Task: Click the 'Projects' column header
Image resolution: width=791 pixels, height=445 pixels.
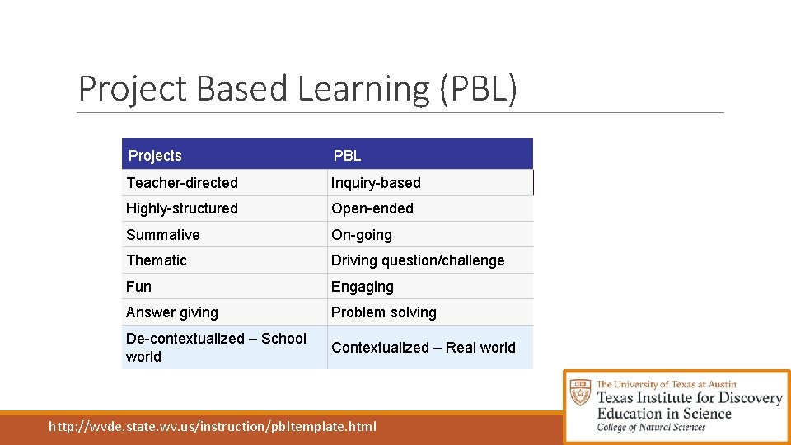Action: (x=155, y=156)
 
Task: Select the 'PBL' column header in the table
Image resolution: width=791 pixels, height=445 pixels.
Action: (x=347, y=156)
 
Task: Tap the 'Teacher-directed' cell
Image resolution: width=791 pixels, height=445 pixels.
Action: (x=182, y=183)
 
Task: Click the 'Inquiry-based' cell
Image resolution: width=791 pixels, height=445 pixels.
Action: (x=376, y=183)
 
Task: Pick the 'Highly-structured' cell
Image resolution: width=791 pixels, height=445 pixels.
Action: (x=182, y=208)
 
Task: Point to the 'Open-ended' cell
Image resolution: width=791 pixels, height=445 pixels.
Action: (x=372, y=208)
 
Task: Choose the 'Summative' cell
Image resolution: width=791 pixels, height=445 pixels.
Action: (x=163, y=235)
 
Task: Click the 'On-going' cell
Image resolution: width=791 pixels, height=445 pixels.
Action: (x=362, y=235)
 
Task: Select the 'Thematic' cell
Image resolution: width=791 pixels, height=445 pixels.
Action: (x=157, y=260)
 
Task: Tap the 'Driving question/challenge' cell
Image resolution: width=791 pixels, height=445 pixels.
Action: (x=418, y=260)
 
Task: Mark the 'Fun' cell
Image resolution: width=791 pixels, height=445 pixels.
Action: (x=139, y=287)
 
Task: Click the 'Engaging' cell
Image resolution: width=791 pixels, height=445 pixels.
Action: (x=363, y=287)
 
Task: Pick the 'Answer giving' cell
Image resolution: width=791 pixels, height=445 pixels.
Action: (x=172, y=312)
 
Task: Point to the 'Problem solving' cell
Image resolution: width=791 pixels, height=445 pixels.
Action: (x=384, y=312)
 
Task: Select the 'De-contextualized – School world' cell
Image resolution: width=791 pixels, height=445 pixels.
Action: (x=216, y=347)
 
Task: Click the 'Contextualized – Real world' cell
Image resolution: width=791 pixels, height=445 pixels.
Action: (x=424, y=348)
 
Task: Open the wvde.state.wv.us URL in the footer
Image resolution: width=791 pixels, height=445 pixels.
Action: (x=213, y=426)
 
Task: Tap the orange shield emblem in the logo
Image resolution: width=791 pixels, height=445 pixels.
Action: (x=581, y=391)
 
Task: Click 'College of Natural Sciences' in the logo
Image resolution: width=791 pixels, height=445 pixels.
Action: (x=651, y=427)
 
